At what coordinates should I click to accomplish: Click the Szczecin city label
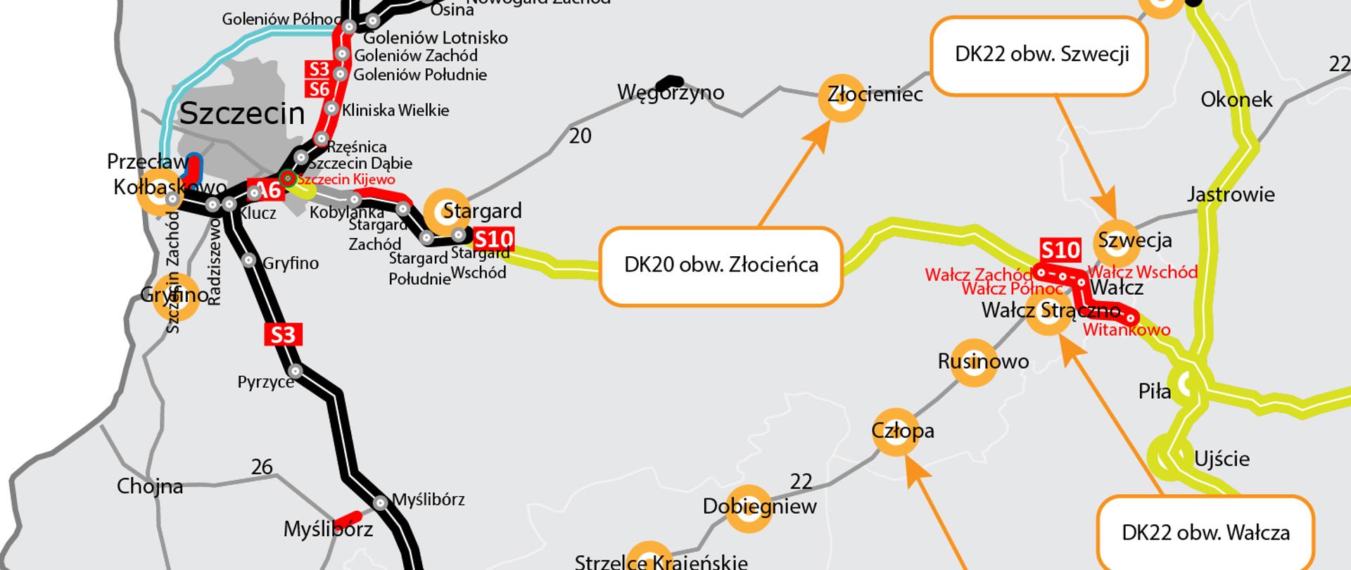coord(242,113)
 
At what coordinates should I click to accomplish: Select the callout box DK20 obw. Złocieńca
coord(721,265)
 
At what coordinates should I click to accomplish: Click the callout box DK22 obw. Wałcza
coord(1205,532)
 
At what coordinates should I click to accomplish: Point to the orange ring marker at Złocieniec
coord(842,98)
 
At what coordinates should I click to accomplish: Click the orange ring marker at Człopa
coord(895,431)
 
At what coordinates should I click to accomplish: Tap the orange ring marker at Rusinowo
coord(973,363)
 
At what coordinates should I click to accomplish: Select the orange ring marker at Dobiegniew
coord(749,507)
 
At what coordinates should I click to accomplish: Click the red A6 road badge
coord(267,190)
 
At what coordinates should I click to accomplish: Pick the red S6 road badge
coord(319,89)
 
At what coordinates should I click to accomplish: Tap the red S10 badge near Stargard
coord(493,239)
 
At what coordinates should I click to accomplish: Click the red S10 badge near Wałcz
coord(1060,250)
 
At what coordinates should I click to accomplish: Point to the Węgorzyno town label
coord(670,92)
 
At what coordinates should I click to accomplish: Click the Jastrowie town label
coord(1231,194)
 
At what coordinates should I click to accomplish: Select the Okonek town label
coord(1236,99)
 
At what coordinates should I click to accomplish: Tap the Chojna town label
coord(150,486)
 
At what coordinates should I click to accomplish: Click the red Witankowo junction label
coord(1127,329)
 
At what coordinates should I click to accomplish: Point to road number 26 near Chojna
coord(262,467)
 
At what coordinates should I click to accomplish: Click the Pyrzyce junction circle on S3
coord(296,371)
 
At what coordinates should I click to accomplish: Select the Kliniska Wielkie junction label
coord(395,110)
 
